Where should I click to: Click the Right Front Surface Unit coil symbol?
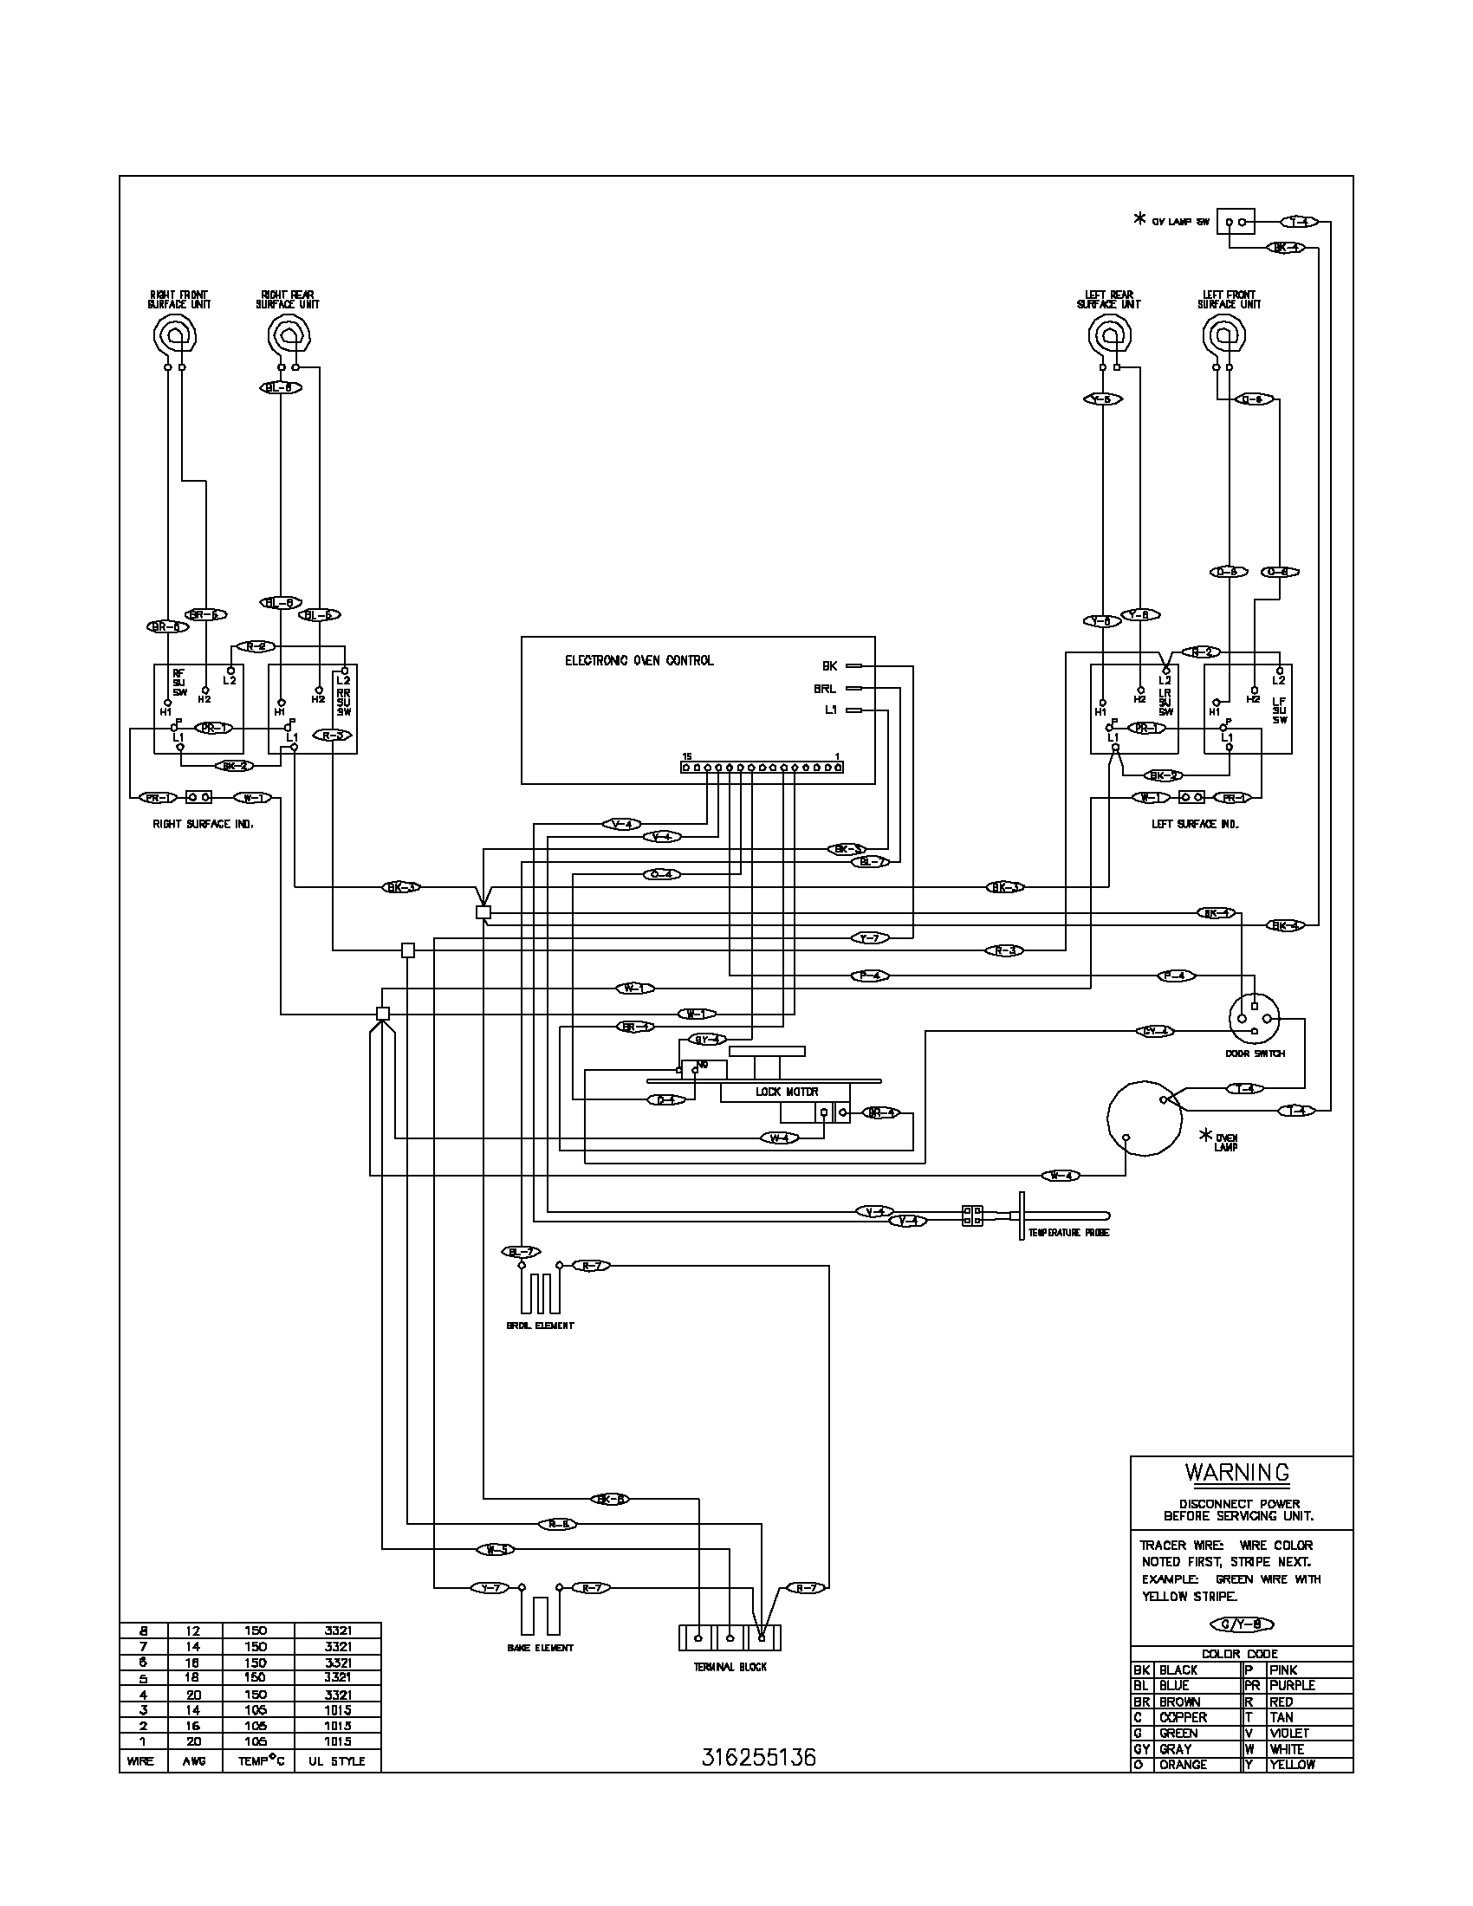coord(174,335)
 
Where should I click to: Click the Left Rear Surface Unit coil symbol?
coord(1110,335)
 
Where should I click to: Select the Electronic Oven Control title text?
coord(639,661)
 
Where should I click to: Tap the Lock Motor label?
coord(786,1092)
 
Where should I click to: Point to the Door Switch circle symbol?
coord(1254,1019)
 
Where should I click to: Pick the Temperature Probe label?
coord(1068,1232)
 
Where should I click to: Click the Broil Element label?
coord(540,1326)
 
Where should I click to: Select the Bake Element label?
coord(540,1648)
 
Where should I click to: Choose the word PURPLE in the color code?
coord(1292,1685)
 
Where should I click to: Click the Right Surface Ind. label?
coord(204,824)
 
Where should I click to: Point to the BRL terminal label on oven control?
coord(825,689)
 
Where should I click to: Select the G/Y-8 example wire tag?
coord(1242,1624)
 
